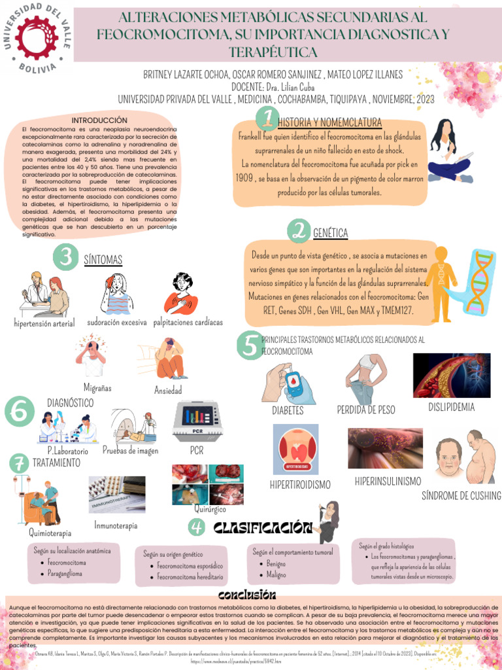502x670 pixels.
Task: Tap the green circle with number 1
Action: pos(266,118)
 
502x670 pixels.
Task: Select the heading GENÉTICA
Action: pos(330,233)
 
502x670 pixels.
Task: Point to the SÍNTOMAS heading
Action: pos(103,260)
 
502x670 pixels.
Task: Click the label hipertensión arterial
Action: pos(44,323)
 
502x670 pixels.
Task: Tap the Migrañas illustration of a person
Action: pos(92,357)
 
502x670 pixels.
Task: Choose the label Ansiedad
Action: pos(168,390)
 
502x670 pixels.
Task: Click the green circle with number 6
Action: pos(19,413)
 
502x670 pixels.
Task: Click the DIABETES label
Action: pos(288,410)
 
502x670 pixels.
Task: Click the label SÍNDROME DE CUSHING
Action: pos(461,495)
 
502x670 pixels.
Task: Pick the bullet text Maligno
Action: pos(276,574)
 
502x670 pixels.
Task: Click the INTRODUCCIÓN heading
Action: pos(99,120)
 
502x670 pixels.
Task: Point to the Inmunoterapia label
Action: pos(116,525)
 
